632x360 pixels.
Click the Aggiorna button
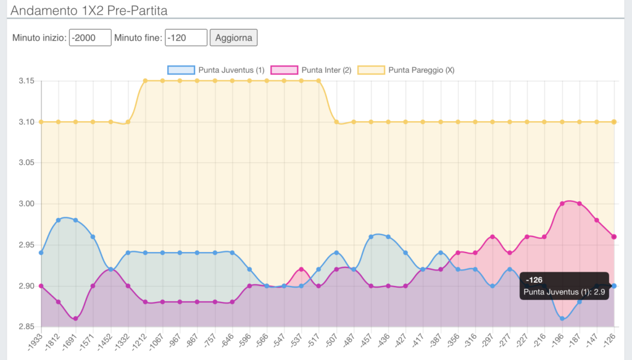tap(233, 38)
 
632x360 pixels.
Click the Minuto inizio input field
tap(90, 38)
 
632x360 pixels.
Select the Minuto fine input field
tap(186, 38)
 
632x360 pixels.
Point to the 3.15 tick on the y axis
tap(25, 81)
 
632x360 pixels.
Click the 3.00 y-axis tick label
tap(25, 204)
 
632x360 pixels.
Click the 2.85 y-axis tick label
tap(25, 327)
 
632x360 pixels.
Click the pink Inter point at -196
tap(562, 204)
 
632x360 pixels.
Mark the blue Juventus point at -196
tap(562, 319)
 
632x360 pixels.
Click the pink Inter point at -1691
tap(75, 319)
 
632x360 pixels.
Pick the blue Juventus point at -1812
tap(58, 220)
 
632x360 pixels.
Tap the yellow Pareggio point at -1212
tap(145, 81)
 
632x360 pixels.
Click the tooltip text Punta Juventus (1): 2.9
tap(564, 291)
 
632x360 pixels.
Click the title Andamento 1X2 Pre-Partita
tap(89, 10)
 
